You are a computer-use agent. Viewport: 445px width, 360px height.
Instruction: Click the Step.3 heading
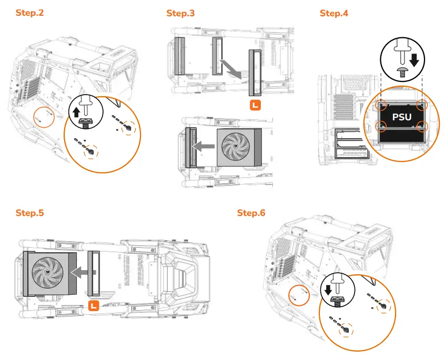[180, 13]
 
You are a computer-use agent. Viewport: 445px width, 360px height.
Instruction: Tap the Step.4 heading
[334, 13]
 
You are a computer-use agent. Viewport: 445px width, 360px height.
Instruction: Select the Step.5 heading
[30, 213]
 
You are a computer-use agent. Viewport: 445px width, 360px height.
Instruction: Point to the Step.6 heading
[251, 213]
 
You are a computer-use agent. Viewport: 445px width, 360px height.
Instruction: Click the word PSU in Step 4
[402, 117]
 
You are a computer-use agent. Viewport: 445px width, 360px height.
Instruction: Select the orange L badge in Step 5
[94, 305]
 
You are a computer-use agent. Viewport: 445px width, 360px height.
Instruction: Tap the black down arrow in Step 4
[414, 60]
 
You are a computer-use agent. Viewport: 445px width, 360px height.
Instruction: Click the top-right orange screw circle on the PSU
[421, 105]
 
